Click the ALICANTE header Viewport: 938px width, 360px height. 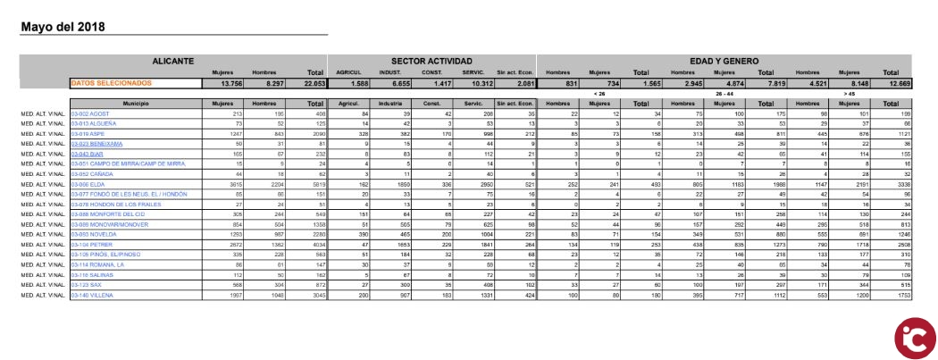(172, 60)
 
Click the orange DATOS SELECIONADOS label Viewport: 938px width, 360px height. (111, 83)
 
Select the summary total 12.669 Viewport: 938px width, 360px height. (894, 83)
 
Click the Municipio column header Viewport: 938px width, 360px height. (136, 104)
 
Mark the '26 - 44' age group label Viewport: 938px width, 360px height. (724, 93)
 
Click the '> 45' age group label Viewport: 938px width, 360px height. (850, 93)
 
